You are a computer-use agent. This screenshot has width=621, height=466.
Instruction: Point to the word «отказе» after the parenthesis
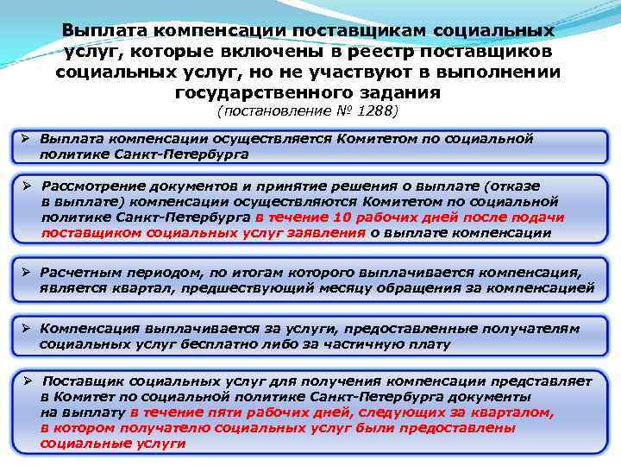pos(517,186)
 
